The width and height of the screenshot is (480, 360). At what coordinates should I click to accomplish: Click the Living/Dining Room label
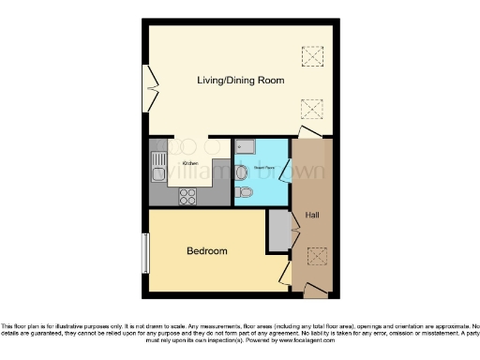240,81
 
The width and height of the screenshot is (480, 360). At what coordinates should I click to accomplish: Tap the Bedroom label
206,251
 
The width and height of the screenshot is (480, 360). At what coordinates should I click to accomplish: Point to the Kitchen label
190,163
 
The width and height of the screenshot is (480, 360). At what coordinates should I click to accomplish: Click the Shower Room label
262,170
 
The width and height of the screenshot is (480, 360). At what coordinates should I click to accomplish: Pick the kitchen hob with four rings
187,196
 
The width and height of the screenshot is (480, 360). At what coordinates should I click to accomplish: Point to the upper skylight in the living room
309,56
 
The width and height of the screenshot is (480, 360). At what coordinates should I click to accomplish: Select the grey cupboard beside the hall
278,232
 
